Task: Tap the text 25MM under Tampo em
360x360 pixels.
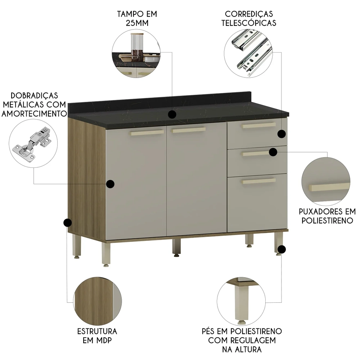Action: click(137, 23)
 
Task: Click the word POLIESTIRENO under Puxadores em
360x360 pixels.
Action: click(327, 220)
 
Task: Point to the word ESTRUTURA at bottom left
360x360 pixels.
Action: click(97, 331)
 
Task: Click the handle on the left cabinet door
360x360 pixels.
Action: click(147, 133)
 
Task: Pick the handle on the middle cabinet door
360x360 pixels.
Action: click(189, 130)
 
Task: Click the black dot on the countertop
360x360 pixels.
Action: click(172, 114)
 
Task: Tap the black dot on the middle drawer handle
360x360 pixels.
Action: click(273, 152)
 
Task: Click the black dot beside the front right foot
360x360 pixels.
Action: click(283, 249)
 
